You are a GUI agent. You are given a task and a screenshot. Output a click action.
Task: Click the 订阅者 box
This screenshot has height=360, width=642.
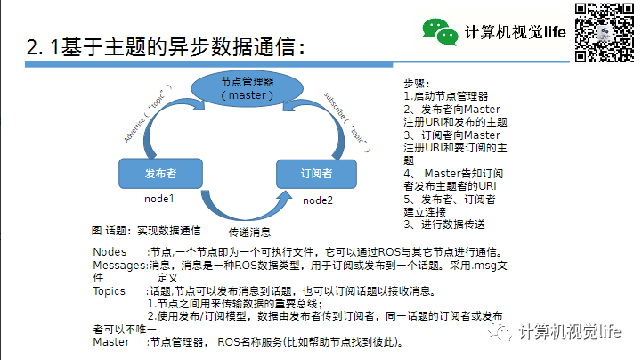[x=316, y=173]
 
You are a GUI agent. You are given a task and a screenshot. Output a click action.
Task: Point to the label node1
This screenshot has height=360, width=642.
[x=158, y=198]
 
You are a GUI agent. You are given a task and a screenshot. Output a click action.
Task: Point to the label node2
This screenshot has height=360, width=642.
[x=317, y=200]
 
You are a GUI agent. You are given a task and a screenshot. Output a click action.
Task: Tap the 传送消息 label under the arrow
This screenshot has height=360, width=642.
[x=238, y=232]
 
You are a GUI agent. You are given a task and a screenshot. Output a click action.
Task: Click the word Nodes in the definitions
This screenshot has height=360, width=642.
[x=110, y=251]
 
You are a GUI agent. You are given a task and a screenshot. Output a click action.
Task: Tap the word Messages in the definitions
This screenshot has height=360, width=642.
[x=119, y=265]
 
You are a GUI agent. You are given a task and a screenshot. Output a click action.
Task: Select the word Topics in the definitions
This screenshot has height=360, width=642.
[x=110, y=290]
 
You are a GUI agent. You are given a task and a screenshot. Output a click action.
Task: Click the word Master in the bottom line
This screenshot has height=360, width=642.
[x=111, y=341]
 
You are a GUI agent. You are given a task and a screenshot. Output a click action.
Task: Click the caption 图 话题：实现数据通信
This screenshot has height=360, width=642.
[x=146, y=229]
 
